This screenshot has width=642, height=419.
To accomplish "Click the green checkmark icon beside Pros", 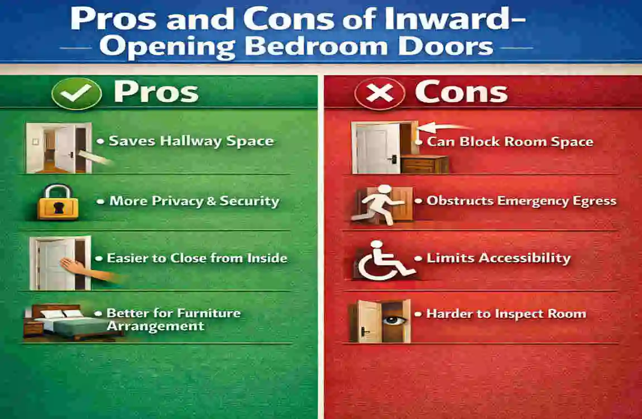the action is pyautogui.click(x=76, y=93).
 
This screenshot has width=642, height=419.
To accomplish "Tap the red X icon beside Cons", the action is pyautogui.click(x=380, y=93).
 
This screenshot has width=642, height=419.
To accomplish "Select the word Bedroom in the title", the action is pyautogui.click(x=316, y=46).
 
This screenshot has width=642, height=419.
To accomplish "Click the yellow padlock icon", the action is pyautogui.click(x=58, y=202).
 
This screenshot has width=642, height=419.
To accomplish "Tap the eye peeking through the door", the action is pyautogui.click(x=394, y=320).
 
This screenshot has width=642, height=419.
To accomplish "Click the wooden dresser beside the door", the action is pyautogui.click(x=424, y=164).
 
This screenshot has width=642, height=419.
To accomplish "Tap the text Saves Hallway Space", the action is pyautogui.click(x=191, y=141).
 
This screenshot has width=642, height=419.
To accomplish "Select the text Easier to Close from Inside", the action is pyautogui.click(x=197, y=258).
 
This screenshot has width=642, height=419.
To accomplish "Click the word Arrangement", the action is pyautogui.click(x=156, y=326).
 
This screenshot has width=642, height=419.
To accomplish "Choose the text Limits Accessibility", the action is pyautogui.click(x=499, y=258).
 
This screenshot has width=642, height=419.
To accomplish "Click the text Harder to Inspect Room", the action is pyautogui.click(x=506, y=314).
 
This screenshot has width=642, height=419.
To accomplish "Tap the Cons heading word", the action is pyautogui.click(x=462, y=92).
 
